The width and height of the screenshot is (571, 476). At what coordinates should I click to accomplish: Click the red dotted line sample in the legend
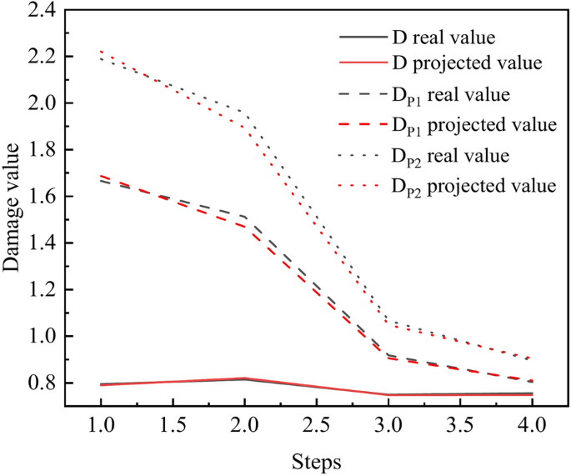pyautogui.click(x=360, y=184)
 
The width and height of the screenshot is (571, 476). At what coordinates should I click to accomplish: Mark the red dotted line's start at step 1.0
pyautogui.click(x=101, y=52)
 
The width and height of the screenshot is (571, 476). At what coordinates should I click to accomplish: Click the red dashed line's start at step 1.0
pyautogui.click(x=101, y=176)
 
